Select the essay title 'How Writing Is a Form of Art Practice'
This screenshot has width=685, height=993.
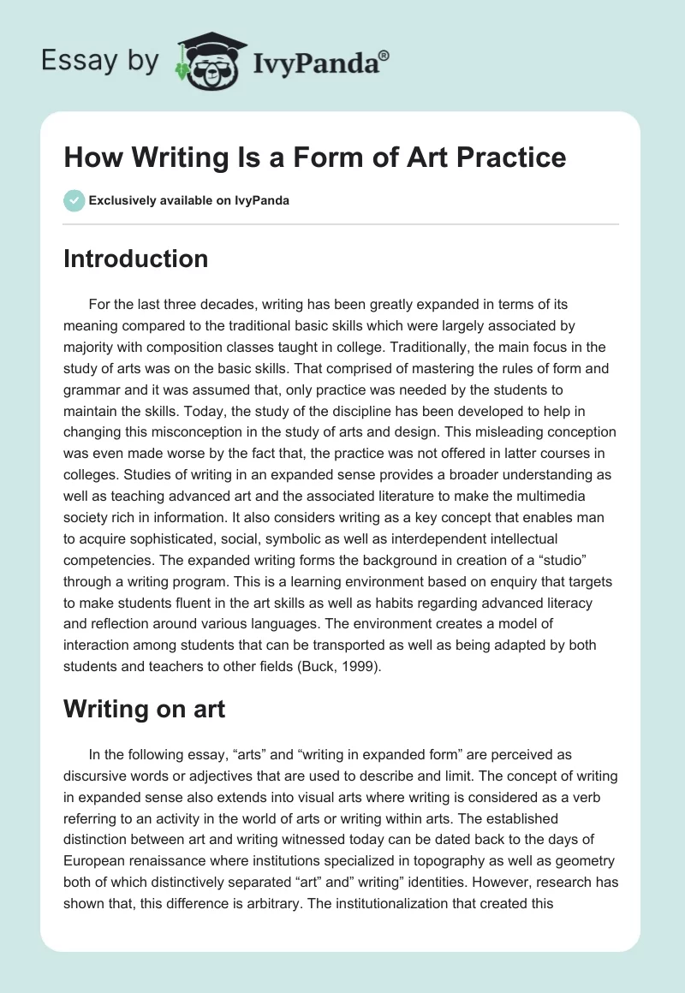(x=314, y=158)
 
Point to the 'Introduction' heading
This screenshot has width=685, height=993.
(x=135, y=259)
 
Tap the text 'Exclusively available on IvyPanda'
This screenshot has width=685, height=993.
(x=189, y=200)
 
